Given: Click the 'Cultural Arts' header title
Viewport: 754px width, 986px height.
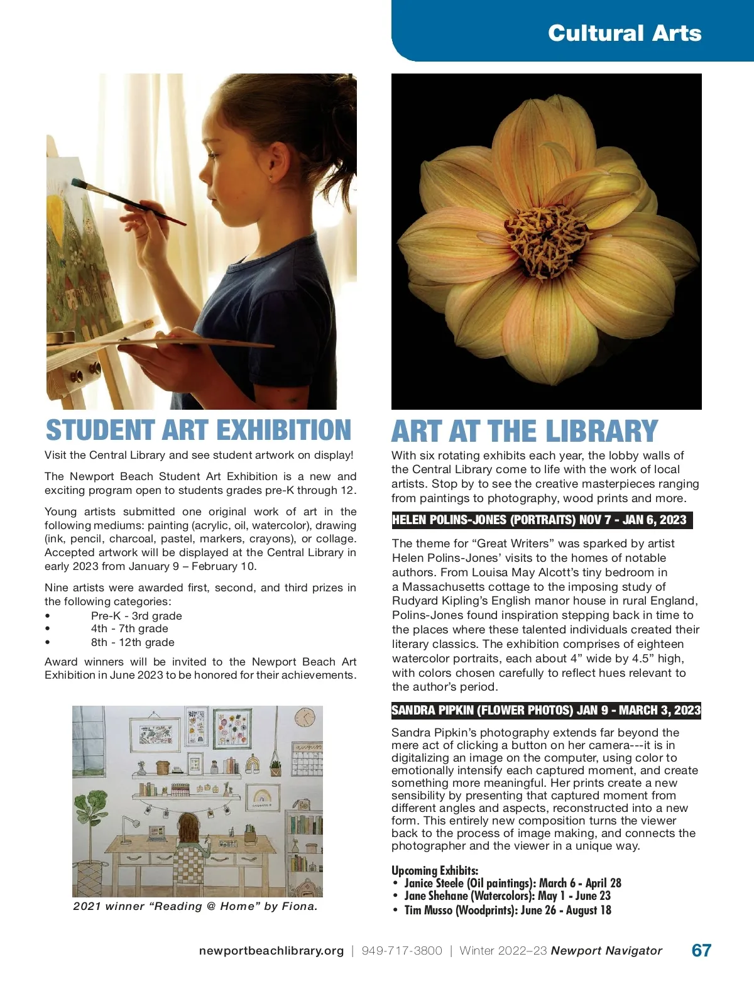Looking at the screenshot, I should [624, 33].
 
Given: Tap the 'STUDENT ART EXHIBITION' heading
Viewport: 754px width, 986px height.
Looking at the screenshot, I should [199, 430].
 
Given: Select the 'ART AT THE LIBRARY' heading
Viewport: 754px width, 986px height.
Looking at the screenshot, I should [524, 432].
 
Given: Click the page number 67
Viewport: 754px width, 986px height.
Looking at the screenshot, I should [701, 950].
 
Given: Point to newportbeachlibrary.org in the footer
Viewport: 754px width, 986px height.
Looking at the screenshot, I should [271, 951].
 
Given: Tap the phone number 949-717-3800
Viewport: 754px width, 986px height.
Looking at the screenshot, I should [402, 951].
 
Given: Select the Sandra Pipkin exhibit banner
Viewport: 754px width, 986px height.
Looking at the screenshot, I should [545, 710].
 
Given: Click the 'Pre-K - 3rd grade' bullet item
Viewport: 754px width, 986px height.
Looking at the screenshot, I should [136, 616].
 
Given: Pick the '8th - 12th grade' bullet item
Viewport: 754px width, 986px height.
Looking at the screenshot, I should [133, 642].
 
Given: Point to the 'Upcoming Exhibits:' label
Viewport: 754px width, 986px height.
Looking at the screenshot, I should [435, 870].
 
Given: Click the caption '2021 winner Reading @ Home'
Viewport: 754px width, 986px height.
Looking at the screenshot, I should [195, 906].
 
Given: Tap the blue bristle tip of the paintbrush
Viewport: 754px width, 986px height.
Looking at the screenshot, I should [79, 184].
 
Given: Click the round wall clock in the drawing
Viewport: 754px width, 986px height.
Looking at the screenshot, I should [305, 717].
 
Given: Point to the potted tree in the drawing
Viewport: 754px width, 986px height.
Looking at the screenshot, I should [92, 817].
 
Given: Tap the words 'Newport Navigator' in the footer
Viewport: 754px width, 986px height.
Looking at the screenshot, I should [606, 951].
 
